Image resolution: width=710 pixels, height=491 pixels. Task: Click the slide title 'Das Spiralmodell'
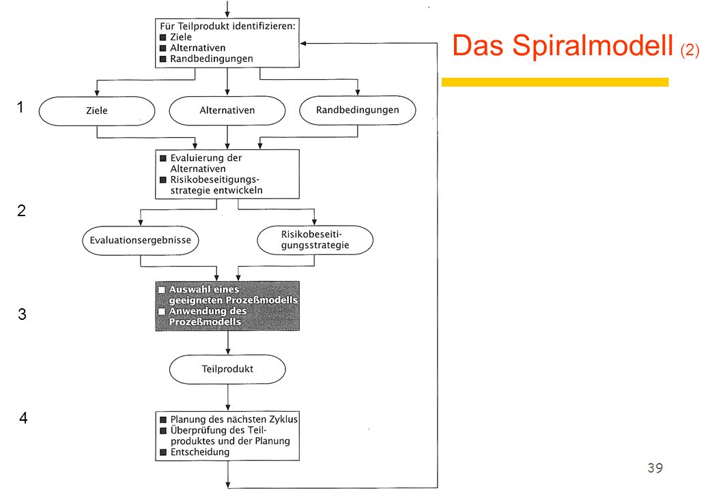pyautogui.click(x=563, y=46)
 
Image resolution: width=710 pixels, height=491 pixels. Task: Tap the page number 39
pyautogui.click(x=655, y=468)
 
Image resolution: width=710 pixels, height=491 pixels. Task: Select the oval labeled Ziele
pyautogui.click(x=97, y=110)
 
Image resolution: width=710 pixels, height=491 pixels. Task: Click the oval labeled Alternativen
pyautogui.click(x=227, y=110)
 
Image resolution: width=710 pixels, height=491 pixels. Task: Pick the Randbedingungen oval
pyautogui.click(x=358, y=110)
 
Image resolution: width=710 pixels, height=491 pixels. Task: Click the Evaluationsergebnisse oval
pyautogui.click(x=141, y=240)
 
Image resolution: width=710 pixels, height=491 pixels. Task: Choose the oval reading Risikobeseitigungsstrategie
pyautogui.click(x=315, y=239)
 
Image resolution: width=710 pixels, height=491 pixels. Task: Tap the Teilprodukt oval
pyautogui.click(x=227, y=370)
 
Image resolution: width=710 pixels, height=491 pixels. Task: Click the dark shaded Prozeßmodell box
pyautogui.click(x=227, y=306)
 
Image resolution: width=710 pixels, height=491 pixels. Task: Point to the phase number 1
pyautogui.click(x=20, y=107)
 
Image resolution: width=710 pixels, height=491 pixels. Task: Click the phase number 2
pyautogui.click(x=21, y=211)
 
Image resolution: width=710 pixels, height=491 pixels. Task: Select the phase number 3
pyautogui.click(x=22, y=314)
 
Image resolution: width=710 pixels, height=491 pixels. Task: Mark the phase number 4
pyautogui.click(x=23, y=418)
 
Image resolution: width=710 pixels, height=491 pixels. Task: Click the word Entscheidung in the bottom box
pyautogui.click(x=199, y=452)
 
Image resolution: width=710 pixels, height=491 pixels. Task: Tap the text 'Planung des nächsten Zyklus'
pyautogui.click(x=233, y=419)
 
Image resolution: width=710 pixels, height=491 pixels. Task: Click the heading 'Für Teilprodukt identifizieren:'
pyautogui.click(x=227, y=26)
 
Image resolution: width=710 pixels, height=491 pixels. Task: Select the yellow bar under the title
pyautogui.click(x=555, y=82)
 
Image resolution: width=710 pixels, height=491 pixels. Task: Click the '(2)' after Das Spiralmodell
pyautogui.click(x=690, y=50)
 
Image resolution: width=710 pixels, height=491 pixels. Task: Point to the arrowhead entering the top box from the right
pyautogui.click(x=303, y=44)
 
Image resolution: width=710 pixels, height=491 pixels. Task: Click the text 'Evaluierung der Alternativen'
pyautogui.click(x=206, y=163)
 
